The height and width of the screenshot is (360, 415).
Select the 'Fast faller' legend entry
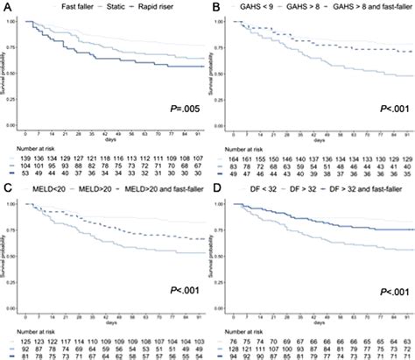tap(51, 8)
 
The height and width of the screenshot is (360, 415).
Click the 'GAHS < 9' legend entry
tap(257, 8)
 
